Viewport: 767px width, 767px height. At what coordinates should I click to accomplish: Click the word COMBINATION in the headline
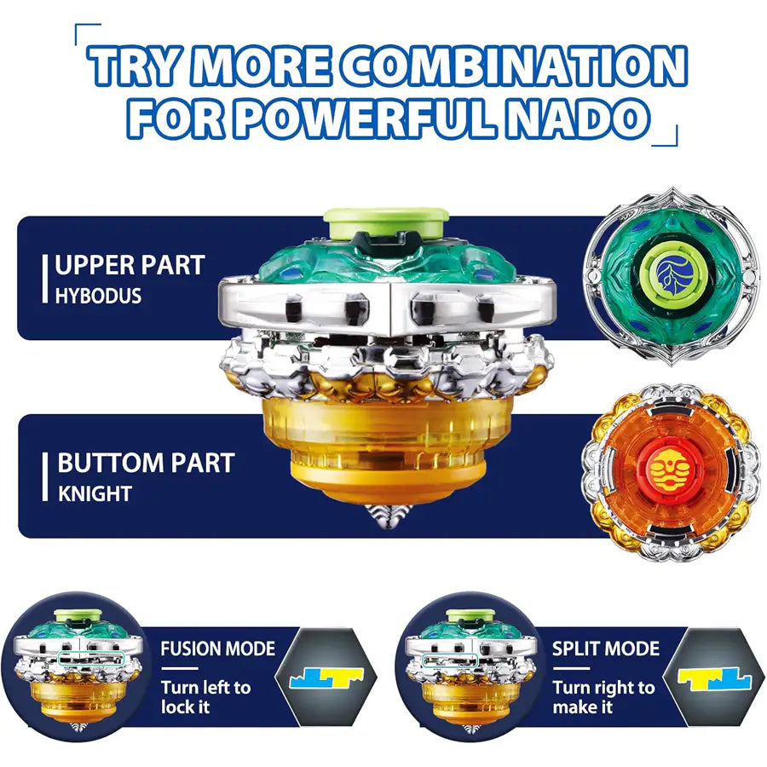[x=514, y=66]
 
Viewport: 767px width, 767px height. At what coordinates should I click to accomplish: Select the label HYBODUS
[x=98, y=296]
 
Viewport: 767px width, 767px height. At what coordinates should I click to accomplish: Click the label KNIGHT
[x=95, y=493]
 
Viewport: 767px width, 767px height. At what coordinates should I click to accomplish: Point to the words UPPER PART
[x=130, y=266]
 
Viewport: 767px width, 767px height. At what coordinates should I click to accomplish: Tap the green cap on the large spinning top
[x=386, y=222]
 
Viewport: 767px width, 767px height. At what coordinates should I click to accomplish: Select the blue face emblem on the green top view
[x=675, y=276]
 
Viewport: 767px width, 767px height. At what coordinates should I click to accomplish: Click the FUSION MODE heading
[x=217, y=649]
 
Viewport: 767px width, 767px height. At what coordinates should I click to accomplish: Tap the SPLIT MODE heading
[x=606, y=649]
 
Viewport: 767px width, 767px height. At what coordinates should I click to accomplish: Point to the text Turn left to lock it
[x=206, y=697]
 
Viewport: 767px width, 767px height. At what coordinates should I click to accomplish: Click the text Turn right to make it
[x=603, y=697]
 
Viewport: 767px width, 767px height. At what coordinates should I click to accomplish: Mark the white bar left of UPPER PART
[x=45, y=279]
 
